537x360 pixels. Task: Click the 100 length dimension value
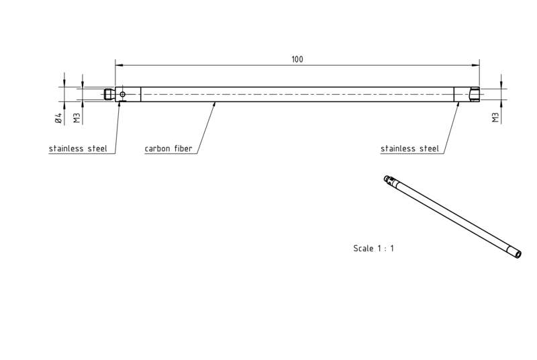coord(297,60)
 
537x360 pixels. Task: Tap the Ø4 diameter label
coord(58,118)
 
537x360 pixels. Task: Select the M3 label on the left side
coord(77,118)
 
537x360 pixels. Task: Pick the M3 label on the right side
coord(495,117)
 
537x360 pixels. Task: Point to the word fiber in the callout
coord(183,148)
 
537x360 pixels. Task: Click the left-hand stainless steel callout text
coord(78,148)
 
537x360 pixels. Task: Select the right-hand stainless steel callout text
coord(409,148)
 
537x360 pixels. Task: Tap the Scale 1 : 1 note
coord(374,249)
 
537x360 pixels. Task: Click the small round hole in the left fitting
coord(123,94)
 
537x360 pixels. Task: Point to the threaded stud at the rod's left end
coord(109,94)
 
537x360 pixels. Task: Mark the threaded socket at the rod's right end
coord(475,94)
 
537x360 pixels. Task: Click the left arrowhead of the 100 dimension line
coord(119,65)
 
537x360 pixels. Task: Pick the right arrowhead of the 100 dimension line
coord(476,65)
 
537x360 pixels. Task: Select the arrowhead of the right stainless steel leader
coord(458,105)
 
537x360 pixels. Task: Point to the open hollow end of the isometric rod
coord(518,254)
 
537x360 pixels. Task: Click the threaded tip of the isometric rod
coord(387,178)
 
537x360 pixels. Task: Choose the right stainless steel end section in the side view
coord(467,94)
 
